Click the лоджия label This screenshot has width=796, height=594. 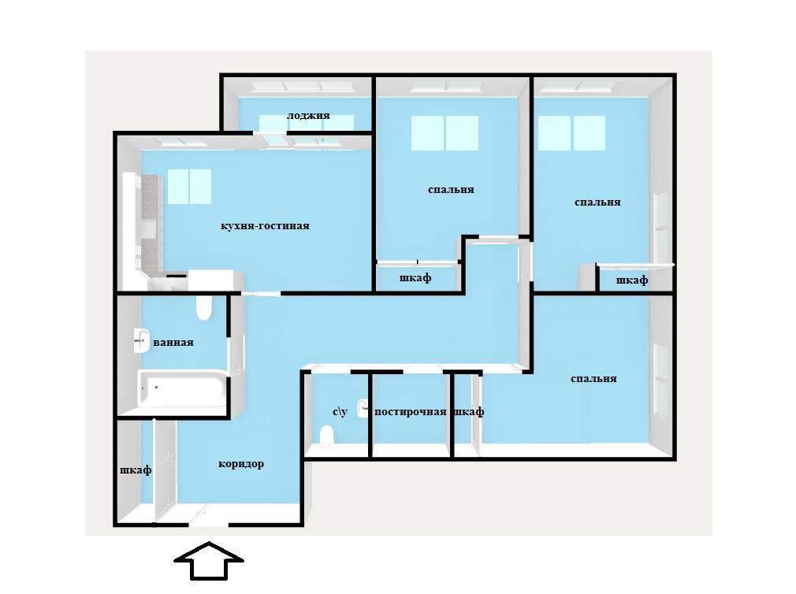pyautogui.click(x=308, y=116)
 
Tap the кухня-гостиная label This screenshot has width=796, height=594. pyautogui.click(x=265, y=226)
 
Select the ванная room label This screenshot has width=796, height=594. pyautogui.click(x=173, y=343)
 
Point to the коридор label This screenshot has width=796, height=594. pyautogui.click(x=241, y=464)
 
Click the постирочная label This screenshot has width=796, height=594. pyautogui.click(x=410, y=412)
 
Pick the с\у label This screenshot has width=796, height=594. pyautogui.click(x=340, y=411)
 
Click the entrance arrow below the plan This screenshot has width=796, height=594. pyautogui.click(x=209, y=561)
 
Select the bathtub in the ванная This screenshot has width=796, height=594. pyautogui.click(x=181, y=390)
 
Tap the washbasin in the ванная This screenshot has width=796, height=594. pyautogui.click(x=142, y=341)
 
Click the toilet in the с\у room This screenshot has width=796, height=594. pyautogui.click(x=326, y=436)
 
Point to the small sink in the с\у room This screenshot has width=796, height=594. pyautogui.click(x=363, y=408)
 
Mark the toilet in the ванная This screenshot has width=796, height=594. pyautogui.click(x=203, y=307)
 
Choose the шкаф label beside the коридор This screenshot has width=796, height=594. pyautogui.click(x=136, y=470)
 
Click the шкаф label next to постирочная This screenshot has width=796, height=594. pyautogui.click(x=468, y=412)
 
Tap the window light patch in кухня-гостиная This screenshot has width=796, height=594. pyautogui.click(x=189, y=187)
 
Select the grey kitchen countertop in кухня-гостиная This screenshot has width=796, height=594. pyautogui.click(x=151, y=223)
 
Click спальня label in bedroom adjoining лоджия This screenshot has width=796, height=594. pyautogui.click(x=451, y=190)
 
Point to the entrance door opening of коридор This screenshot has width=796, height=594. pyautogui.click(x=209, y=525)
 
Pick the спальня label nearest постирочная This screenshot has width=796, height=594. pyautogui.click(x=593, y=379)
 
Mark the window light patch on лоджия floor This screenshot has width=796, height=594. pyautogui.click(x=307, y=123)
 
